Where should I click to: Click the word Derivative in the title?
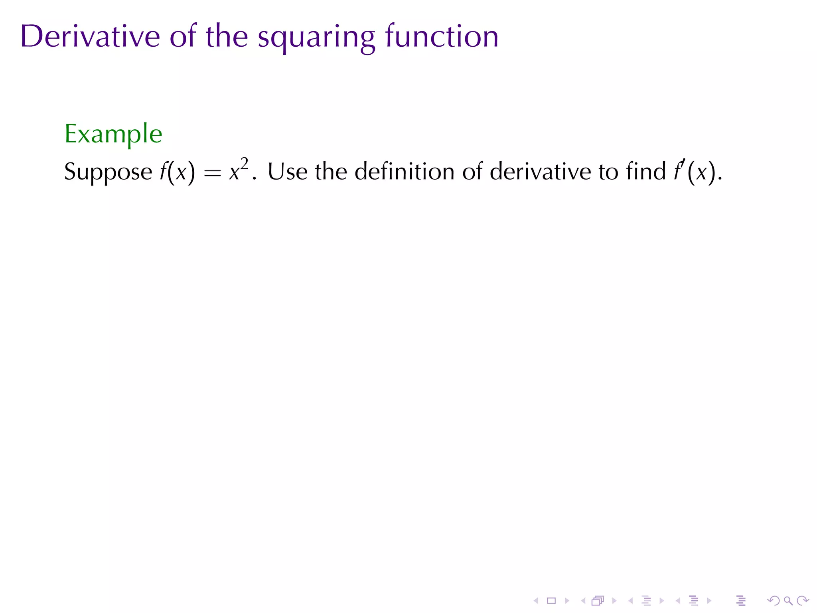(x=90, y=36)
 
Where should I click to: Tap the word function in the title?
(x=442, y=36)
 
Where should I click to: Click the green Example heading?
(x=113, y=134)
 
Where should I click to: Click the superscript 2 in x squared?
(x=244, y=164)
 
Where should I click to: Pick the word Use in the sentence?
(x=287, y=172)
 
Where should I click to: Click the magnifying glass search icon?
(x=788, y=601)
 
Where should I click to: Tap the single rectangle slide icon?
(x=551, y=601)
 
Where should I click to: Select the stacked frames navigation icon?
(x=598, y=601)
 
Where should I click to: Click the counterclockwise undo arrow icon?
(x=773, y=601)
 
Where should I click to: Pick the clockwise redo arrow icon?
(x=803, y=601)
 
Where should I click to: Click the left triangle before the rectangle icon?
(x=536, y=601)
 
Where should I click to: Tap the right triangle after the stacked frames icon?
(x=614, y=601)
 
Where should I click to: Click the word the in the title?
(x=227, y=36)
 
